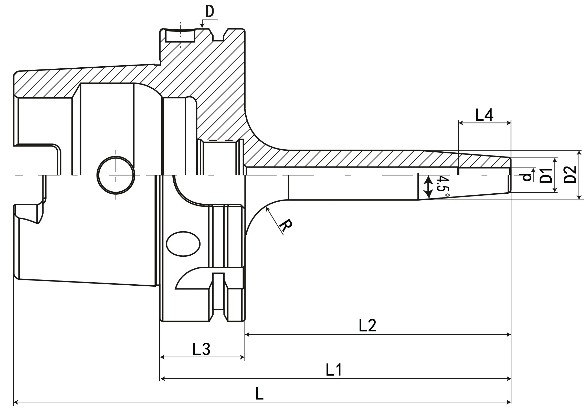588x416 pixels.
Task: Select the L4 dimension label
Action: click(484, 115)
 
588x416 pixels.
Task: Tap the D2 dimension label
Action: click(570, 175)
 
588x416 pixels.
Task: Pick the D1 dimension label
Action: click(546, 175)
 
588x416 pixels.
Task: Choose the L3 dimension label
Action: click(201, 349)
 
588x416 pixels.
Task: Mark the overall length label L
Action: click(259, 394)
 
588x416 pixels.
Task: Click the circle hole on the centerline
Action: click(116, 175)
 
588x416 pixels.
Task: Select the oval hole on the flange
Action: click(183, 244)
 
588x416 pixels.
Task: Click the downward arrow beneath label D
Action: click(202, 26)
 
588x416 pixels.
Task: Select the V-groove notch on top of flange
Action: click(218, 35)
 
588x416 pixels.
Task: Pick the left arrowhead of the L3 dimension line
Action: click(162, 357)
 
